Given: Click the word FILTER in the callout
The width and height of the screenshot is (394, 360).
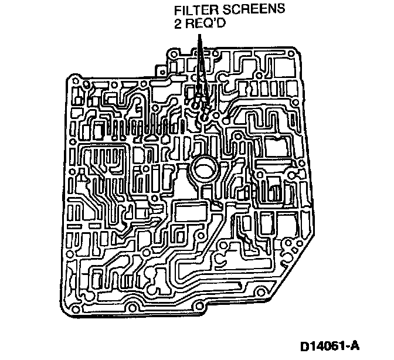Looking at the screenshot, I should point(188,11).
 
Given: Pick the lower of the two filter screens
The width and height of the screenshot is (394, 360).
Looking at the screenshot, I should point(203,116).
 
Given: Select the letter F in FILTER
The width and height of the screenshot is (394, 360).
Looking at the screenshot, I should point(173,11).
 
